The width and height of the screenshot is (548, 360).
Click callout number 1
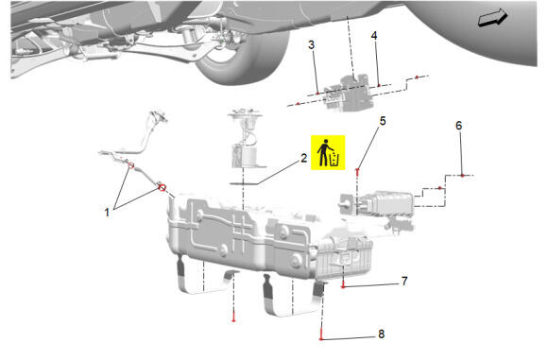107,213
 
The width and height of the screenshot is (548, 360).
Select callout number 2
303,158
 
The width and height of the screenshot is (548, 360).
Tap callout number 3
311,44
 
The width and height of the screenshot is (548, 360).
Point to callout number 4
374,35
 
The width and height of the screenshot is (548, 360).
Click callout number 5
383,121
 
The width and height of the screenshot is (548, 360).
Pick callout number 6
459,126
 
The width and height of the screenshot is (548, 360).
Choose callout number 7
404,281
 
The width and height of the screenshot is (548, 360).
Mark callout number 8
382,334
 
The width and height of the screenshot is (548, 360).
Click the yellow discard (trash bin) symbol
328,152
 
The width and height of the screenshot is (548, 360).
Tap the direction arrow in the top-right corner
493,17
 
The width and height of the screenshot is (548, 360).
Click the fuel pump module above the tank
245,139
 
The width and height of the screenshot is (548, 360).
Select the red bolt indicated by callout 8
321,338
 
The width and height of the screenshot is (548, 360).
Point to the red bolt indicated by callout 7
343,286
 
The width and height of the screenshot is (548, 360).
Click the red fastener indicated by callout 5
357,170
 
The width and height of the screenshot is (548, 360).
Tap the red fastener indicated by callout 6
462,175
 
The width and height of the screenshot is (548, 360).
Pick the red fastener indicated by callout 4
379,85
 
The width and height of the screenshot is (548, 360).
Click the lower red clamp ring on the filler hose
163,188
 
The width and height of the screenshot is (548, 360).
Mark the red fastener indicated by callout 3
317,94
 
